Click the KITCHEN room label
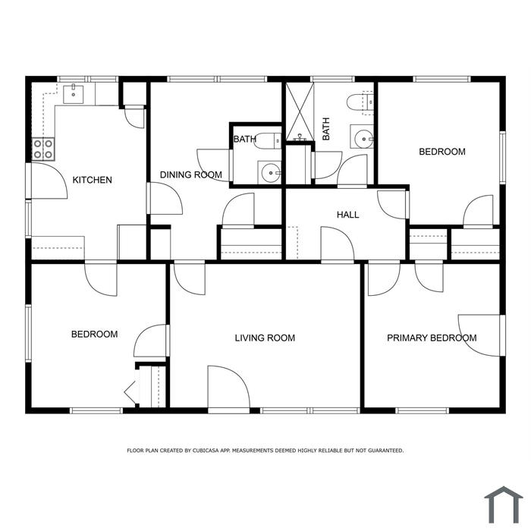(92, 180)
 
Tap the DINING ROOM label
(190, 174)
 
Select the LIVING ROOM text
(265, 338)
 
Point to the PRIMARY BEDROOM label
(432, 338)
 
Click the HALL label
(347, 215)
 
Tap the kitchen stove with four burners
(43, 149)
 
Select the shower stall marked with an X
(300, 112)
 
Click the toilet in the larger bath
(360, 102)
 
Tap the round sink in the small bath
(269, 173)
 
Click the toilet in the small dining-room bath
(268, 141)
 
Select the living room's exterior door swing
(229, 387)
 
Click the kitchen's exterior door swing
(50, 181)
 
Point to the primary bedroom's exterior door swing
(479, 335)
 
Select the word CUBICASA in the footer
(206, 451)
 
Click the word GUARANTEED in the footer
(385, 451)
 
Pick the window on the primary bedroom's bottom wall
(423, 411)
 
